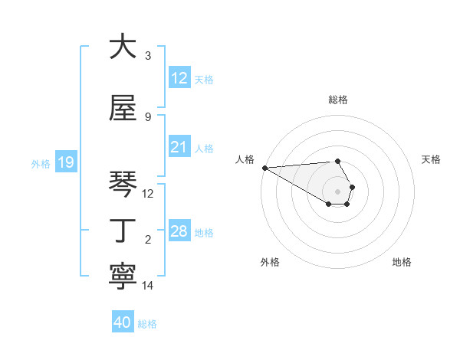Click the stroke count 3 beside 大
coord(148,56)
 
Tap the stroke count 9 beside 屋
coord(148,117)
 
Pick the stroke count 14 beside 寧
coord(148,286)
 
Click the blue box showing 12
coord(179,78)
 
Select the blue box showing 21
coord(179,147)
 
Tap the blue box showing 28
coord(179,231)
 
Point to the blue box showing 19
coord(65,162)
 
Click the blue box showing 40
coord(123,322)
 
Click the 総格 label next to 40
coord(147,324)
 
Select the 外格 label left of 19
coord(41,163)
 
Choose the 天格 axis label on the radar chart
coord(432,159)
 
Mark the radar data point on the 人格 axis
coord(264,168)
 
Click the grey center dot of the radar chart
coord(338,191)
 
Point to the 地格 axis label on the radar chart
coord(402,262)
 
